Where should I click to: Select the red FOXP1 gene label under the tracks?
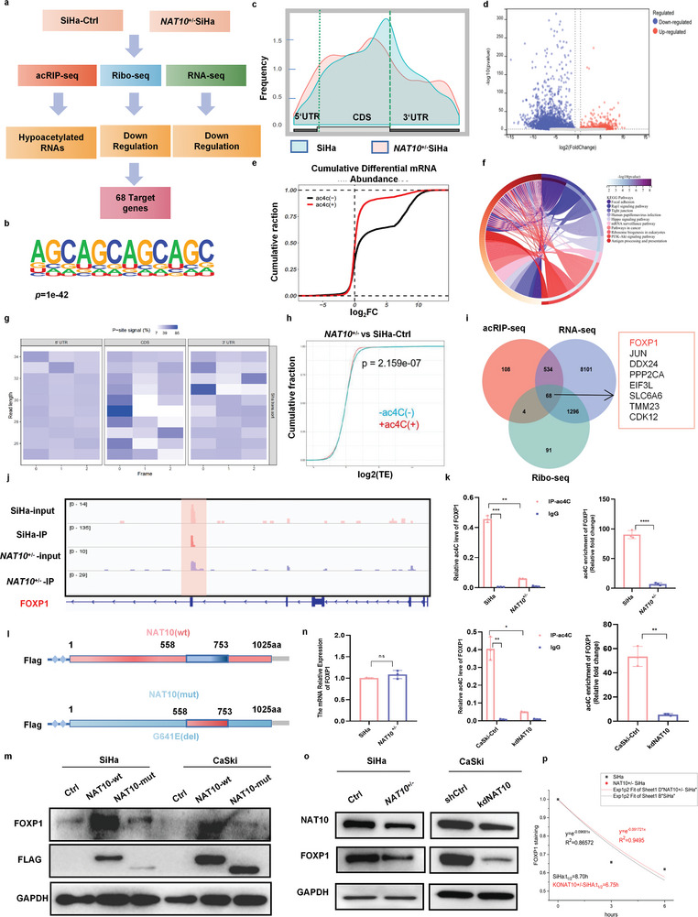click(63, 605)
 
